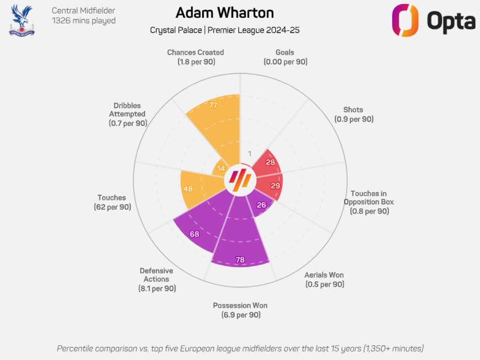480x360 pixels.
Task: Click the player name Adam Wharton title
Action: point(225,13)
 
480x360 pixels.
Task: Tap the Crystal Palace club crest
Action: point(21,20)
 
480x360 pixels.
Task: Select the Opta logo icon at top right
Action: point(406,20)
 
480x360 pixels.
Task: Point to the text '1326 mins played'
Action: point(83,21)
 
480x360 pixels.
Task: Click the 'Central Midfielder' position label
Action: point(83,11)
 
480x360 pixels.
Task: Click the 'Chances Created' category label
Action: point(195,52)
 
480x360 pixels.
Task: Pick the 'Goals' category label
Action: point(285,52)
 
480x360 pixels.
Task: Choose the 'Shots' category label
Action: point(354,110)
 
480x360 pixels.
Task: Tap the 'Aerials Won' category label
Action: point(324,275)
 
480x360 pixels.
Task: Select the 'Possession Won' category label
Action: point(240,306)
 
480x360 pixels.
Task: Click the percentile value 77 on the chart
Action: point(213,106)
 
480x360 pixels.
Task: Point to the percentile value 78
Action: point(240,260)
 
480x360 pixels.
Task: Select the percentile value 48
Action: point(188,189)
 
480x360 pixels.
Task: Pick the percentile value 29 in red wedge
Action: point(275,185)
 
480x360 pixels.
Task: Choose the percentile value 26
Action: point(261,205)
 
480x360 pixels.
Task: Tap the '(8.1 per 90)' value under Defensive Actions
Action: point(156,289)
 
